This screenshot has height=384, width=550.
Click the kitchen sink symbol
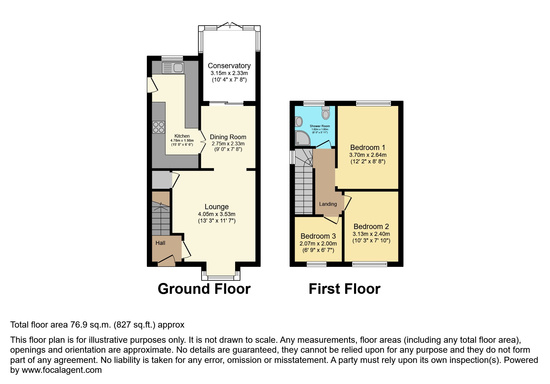(x=173, y=68)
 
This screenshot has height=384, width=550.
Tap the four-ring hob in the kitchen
(x=158, y=127)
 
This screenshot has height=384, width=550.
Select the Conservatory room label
(x=229, y=66)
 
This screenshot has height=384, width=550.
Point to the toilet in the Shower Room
(x=325, y=113)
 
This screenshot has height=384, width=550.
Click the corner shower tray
(x=302, y=138)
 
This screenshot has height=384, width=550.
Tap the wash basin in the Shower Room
(x=299, y=121)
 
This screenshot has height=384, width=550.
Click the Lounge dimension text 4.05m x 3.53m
(x=216, y=214)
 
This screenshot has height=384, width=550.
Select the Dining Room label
(x=228, y=137)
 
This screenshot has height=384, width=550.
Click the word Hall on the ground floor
(x=160, y=243)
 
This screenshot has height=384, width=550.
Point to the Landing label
(x=328, y=204)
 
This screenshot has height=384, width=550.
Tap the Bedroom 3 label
(x=318, y=236)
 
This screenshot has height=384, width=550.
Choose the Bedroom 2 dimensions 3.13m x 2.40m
(x=371, y=234)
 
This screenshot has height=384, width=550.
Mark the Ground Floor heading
(x=204, y=289)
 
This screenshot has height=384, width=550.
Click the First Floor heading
(x=344, y=289)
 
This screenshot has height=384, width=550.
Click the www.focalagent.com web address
(x=61, y=370)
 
